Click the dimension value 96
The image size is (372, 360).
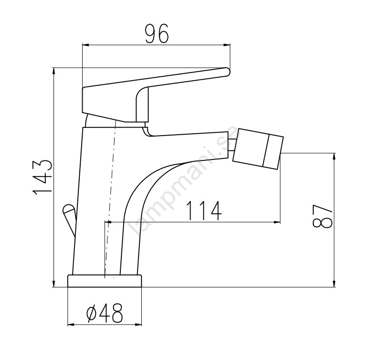(x=157, y=34)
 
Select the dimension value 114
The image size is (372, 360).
(x=204, y=211)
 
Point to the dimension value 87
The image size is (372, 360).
(x=322, y=216)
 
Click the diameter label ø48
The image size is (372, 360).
(x=105, y=313)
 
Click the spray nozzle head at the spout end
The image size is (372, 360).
(x=258, y=149)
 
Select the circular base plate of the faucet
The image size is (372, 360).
(x=105, y=281)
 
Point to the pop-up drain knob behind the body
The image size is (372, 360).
(x=69, y=217)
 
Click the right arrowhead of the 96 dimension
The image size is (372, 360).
(x=227, y=45)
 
